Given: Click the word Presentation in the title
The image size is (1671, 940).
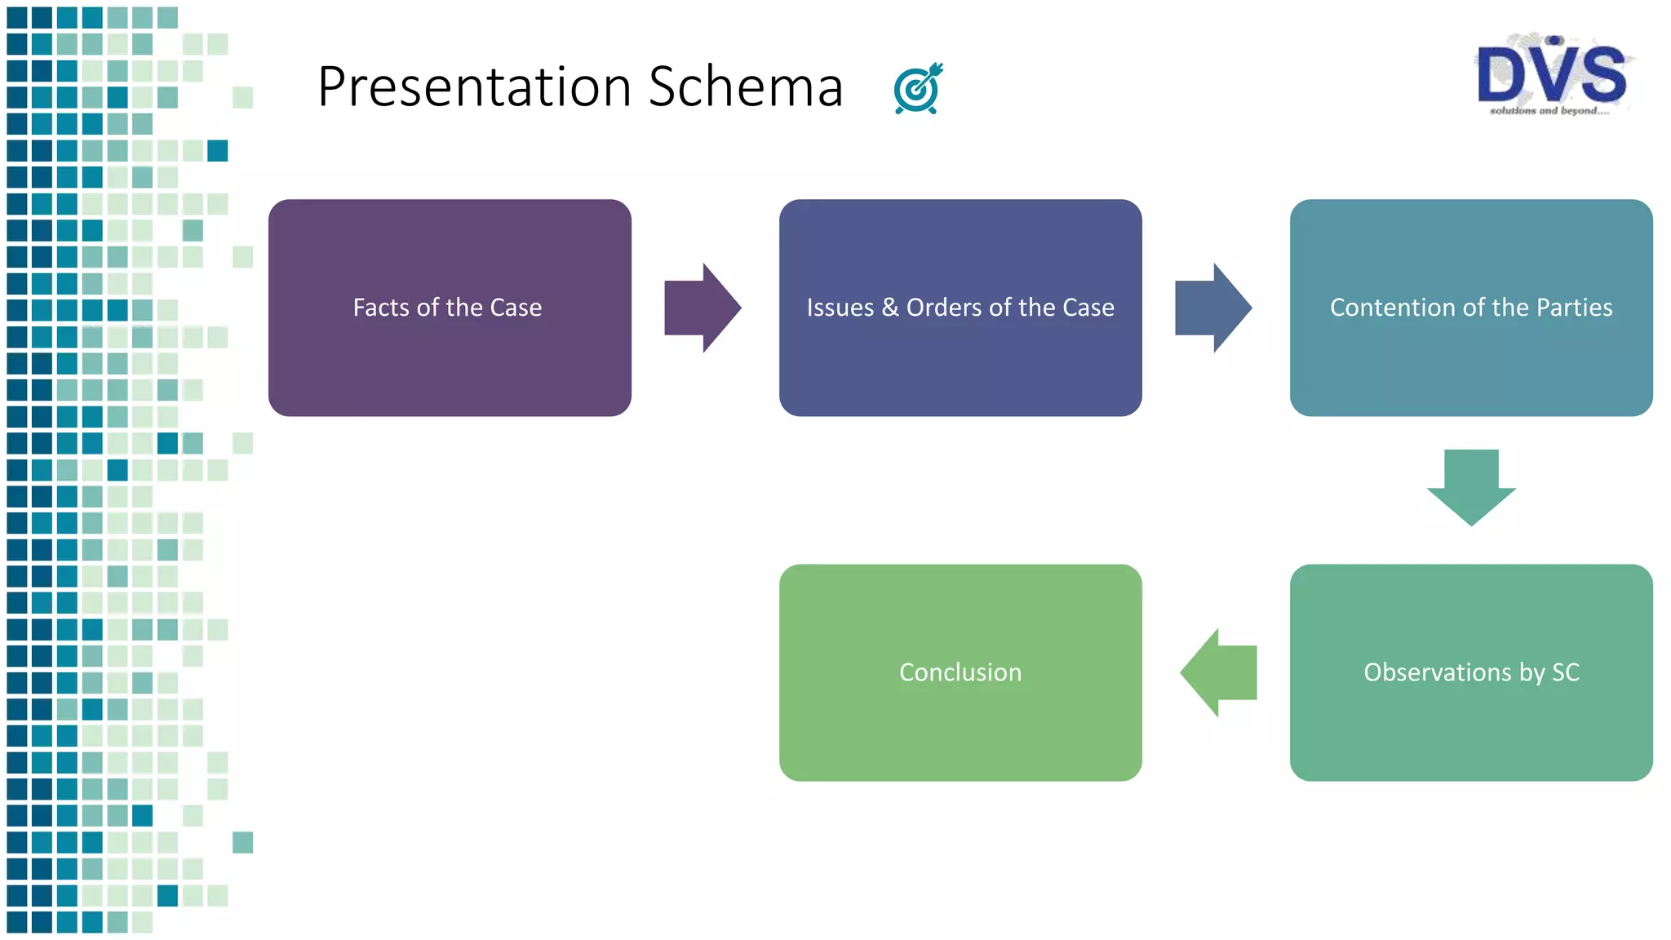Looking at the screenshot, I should [474, 87].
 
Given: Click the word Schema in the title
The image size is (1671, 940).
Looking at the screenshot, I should [745, 87].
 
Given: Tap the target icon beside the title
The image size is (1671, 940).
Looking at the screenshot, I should [918, 88].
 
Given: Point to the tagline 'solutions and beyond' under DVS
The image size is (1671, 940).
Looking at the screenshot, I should [1549, 111].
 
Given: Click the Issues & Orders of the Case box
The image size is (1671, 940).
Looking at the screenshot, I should [960, 359].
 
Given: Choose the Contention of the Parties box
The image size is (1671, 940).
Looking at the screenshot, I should [1471, 359].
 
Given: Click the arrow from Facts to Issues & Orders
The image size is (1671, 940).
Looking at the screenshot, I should [702, 308].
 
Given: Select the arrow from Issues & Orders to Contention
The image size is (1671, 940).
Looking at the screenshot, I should [1212, 308].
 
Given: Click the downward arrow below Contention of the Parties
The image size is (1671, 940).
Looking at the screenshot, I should [1471, 487].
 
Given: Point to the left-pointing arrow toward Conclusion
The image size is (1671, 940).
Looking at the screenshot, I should [1219, 672].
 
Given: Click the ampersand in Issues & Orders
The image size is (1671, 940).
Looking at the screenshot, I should [890, 308].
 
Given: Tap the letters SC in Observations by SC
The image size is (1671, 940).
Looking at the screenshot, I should [1565, 672].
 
